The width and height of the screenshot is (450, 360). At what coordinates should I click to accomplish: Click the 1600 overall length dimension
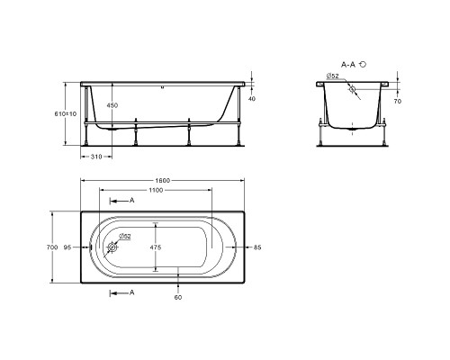pos(162,180)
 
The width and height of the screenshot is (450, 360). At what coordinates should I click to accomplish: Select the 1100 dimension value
pos(156,190)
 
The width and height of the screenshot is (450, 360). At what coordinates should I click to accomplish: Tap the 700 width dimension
pos(52,247)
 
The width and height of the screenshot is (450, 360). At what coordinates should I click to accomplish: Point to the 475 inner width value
pos(156,247)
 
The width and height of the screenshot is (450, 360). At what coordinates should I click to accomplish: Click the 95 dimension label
pos(67,247)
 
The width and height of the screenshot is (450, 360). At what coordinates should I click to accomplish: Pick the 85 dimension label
pos(257,247)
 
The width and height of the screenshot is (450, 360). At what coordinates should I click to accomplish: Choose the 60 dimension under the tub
pos(178,298)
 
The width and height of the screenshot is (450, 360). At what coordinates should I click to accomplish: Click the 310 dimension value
pos(96,157)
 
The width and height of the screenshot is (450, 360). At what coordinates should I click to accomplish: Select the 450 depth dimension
pos(112,105)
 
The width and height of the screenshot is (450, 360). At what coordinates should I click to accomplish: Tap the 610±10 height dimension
pos(66,114)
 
